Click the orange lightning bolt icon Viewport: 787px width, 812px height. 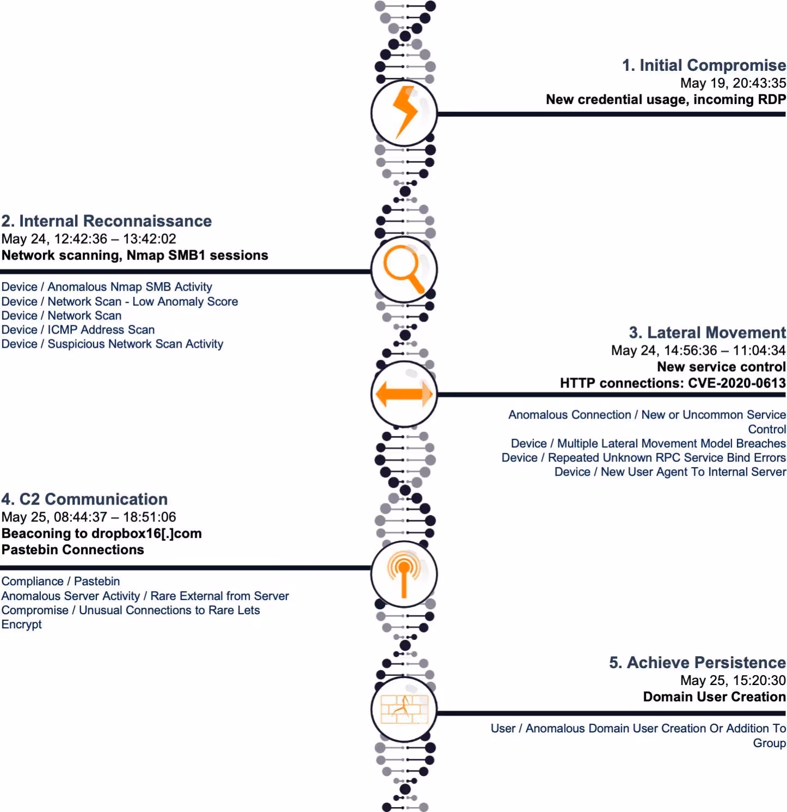coord(404,112)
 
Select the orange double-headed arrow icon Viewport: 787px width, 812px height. coord(404,393)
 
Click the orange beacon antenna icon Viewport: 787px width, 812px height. coord(404,573)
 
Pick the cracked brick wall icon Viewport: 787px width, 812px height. coord(404,708)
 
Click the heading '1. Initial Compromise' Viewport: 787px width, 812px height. coord(704,65)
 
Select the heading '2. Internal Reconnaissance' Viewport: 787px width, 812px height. coord(107,221)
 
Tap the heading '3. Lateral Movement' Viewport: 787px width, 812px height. coord(707,332)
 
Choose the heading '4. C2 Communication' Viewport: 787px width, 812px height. coord(84,499)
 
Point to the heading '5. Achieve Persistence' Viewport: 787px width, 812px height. coord(697,662)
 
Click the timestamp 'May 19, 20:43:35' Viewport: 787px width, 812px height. coord(733,83)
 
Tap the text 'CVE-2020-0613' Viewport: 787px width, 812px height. coord(736,383)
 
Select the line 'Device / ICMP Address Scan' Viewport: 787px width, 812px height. coord(78,330)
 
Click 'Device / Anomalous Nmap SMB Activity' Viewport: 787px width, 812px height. coord(107,287)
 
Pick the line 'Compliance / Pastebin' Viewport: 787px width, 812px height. coord(60,581)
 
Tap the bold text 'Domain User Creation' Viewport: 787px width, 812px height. coord(714,696)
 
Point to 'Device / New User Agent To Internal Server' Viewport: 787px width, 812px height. coord(670,472)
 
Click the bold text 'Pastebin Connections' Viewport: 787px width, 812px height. coord(73,550)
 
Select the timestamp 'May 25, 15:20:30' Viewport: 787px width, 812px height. coord(733,680)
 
